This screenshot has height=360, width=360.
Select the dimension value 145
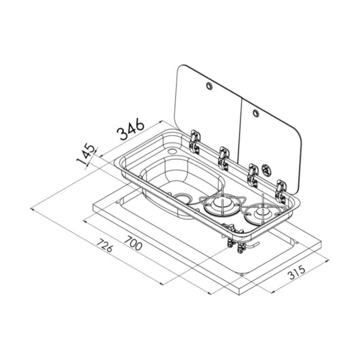[x=86, y=154]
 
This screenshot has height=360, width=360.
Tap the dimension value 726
[x=105, y=245]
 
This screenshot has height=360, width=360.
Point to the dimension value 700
[x=133, y=242]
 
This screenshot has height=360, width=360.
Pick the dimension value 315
[x=297, y=272]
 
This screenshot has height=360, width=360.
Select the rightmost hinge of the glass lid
[x=281, y=191]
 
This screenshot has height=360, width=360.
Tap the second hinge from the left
[x=223, y=158]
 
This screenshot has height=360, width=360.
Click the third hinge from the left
[x=252, y=175]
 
